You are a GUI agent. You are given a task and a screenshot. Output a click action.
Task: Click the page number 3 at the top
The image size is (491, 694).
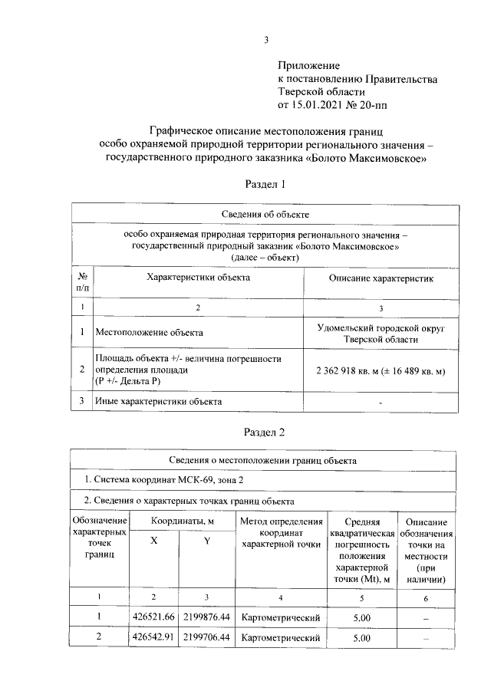265,41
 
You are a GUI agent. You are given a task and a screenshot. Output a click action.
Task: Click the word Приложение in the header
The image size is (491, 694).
308,66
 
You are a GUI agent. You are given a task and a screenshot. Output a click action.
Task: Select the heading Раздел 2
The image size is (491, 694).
265,432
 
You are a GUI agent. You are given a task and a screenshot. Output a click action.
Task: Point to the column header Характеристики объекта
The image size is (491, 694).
197,278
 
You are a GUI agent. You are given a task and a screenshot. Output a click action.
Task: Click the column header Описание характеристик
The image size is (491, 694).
381,278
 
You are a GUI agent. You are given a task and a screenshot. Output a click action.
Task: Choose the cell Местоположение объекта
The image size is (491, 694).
149,333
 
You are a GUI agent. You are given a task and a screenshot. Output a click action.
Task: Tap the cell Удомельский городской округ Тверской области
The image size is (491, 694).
381,333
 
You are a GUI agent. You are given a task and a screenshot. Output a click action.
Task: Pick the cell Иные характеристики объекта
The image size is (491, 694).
158,401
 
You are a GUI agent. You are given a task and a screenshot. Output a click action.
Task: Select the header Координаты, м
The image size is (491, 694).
181,521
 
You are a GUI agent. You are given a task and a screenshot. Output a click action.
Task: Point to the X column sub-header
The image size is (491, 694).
154,541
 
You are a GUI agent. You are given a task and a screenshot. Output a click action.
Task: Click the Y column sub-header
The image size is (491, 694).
206,541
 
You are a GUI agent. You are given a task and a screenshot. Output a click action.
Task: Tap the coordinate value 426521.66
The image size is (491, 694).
154,617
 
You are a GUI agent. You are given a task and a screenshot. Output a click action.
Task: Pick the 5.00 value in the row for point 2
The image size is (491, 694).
361,637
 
